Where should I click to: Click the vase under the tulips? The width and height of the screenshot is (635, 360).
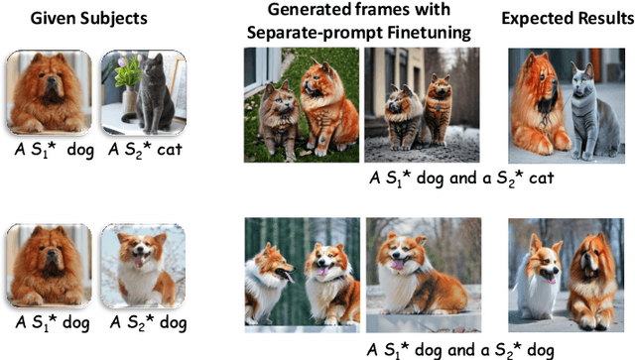pyautogui.click(x=130, y=99)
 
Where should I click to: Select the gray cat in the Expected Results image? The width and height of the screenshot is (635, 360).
pyautogui.click(x=592, y=111)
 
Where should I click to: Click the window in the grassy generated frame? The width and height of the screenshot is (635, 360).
pyautogui.click(x=258, y=69)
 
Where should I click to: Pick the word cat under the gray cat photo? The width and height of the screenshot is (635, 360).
pyautogui.click(x=170, y=150)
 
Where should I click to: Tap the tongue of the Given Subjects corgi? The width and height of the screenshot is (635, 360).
pyautogui.click(x=139, y=261)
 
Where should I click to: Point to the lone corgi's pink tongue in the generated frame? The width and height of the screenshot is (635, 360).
pyautogui.click(x=397, y=265)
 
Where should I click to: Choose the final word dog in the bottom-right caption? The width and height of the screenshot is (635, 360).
pyautogui.click(x=540, y=351)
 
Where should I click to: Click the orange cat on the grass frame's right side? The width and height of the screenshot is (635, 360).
pyautogui.click(x=327, y=106)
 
